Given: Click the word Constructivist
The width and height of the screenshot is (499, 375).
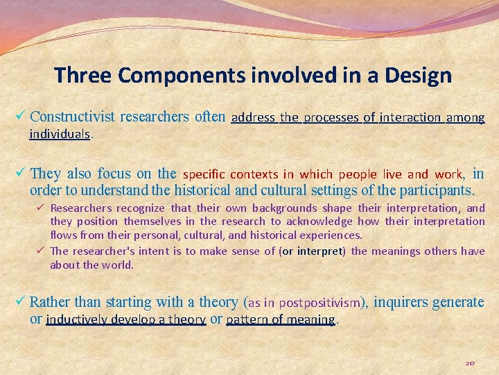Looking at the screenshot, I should point(73,117).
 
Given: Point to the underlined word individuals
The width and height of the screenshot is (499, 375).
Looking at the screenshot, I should point(60,133).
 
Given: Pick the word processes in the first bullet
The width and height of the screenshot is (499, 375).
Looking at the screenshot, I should point(332,117).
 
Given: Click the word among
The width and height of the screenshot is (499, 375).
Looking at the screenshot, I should point(466,117).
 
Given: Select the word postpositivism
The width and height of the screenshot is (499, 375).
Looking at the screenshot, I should point(323,303).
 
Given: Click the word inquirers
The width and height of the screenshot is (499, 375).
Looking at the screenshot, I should point(401,302).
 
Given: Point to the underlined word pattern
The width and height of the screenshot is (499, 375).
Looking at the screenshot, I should point(245,319).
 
